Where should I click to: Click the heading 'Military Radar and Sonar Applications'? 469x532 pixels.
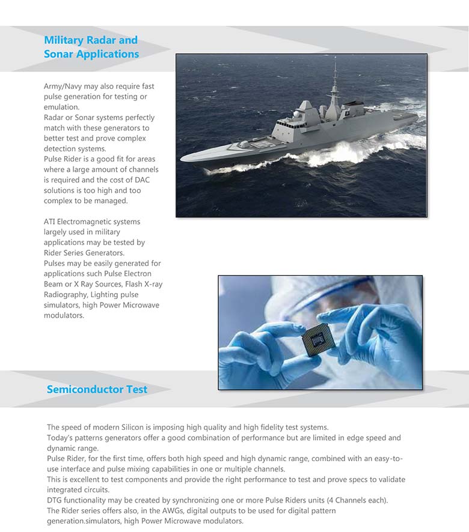(x=91, y=47)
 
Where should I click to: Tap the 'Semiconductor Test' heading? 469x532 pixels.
(x=97, y=389)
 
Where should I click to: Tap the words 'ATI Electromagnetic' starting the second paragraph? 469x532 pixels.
(x=84, y=222)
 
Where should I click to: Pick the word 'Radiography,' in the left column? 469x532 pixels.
(x=69, y=294)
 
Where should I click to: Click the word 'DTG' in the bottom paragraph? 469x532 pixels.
(x=55, y=500)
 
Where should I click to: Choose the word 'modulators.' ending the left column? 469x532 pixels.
(x=64, y=315)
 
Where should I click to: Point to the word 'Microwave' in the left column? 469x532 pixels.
(x=139, y=305)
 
